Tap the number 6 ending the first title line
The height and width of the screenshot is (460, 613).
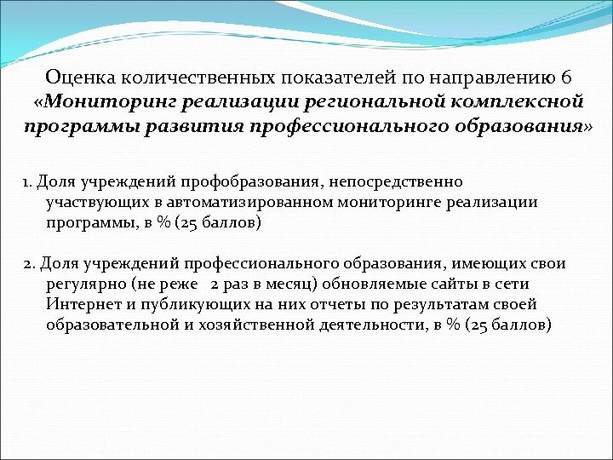pyautogui.click(x=567, y=78)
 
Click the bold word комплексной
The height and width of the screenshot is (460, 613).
pyautogui.click(x=518, y=102)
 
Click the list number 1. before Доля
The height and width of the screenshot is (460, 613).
pyautogui.click(x=29, y=182)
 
